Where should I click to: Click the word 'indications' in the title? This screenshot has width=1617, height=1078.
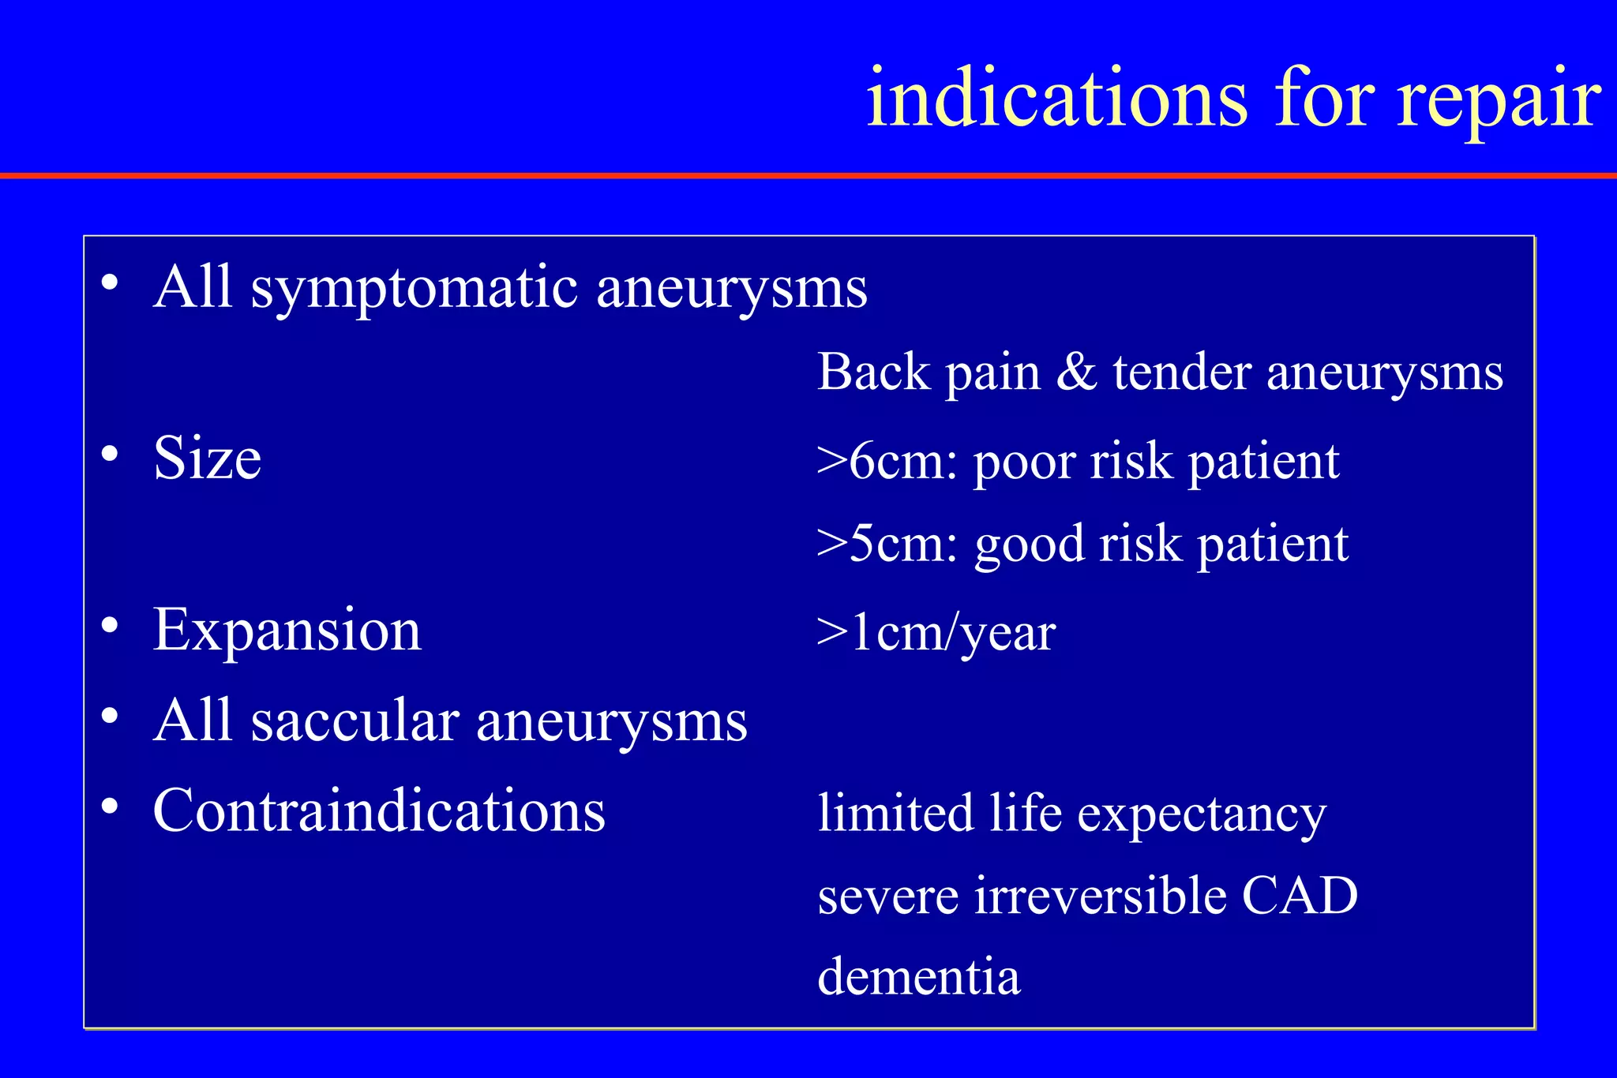tap(1056, 99)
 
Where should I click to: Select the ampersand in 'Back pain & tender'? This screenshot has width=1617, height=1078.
tap(1077, 372)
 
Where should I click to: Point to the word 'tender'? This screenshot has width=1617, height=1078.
tap(1182, 372)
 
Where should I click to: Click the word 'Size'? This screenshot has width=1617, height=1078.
tap(207, 459)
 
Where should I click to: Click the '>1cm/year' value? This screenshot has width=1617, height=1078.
tap(936, 634)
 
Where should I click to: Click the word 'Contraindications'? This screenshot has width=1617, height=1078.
tap(379, 810)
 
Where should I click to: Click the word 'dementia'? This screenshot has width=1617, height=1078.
tap(919, 977)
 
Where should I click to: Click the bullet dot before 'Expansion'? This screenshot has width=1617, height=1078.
tap(110, 626)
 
